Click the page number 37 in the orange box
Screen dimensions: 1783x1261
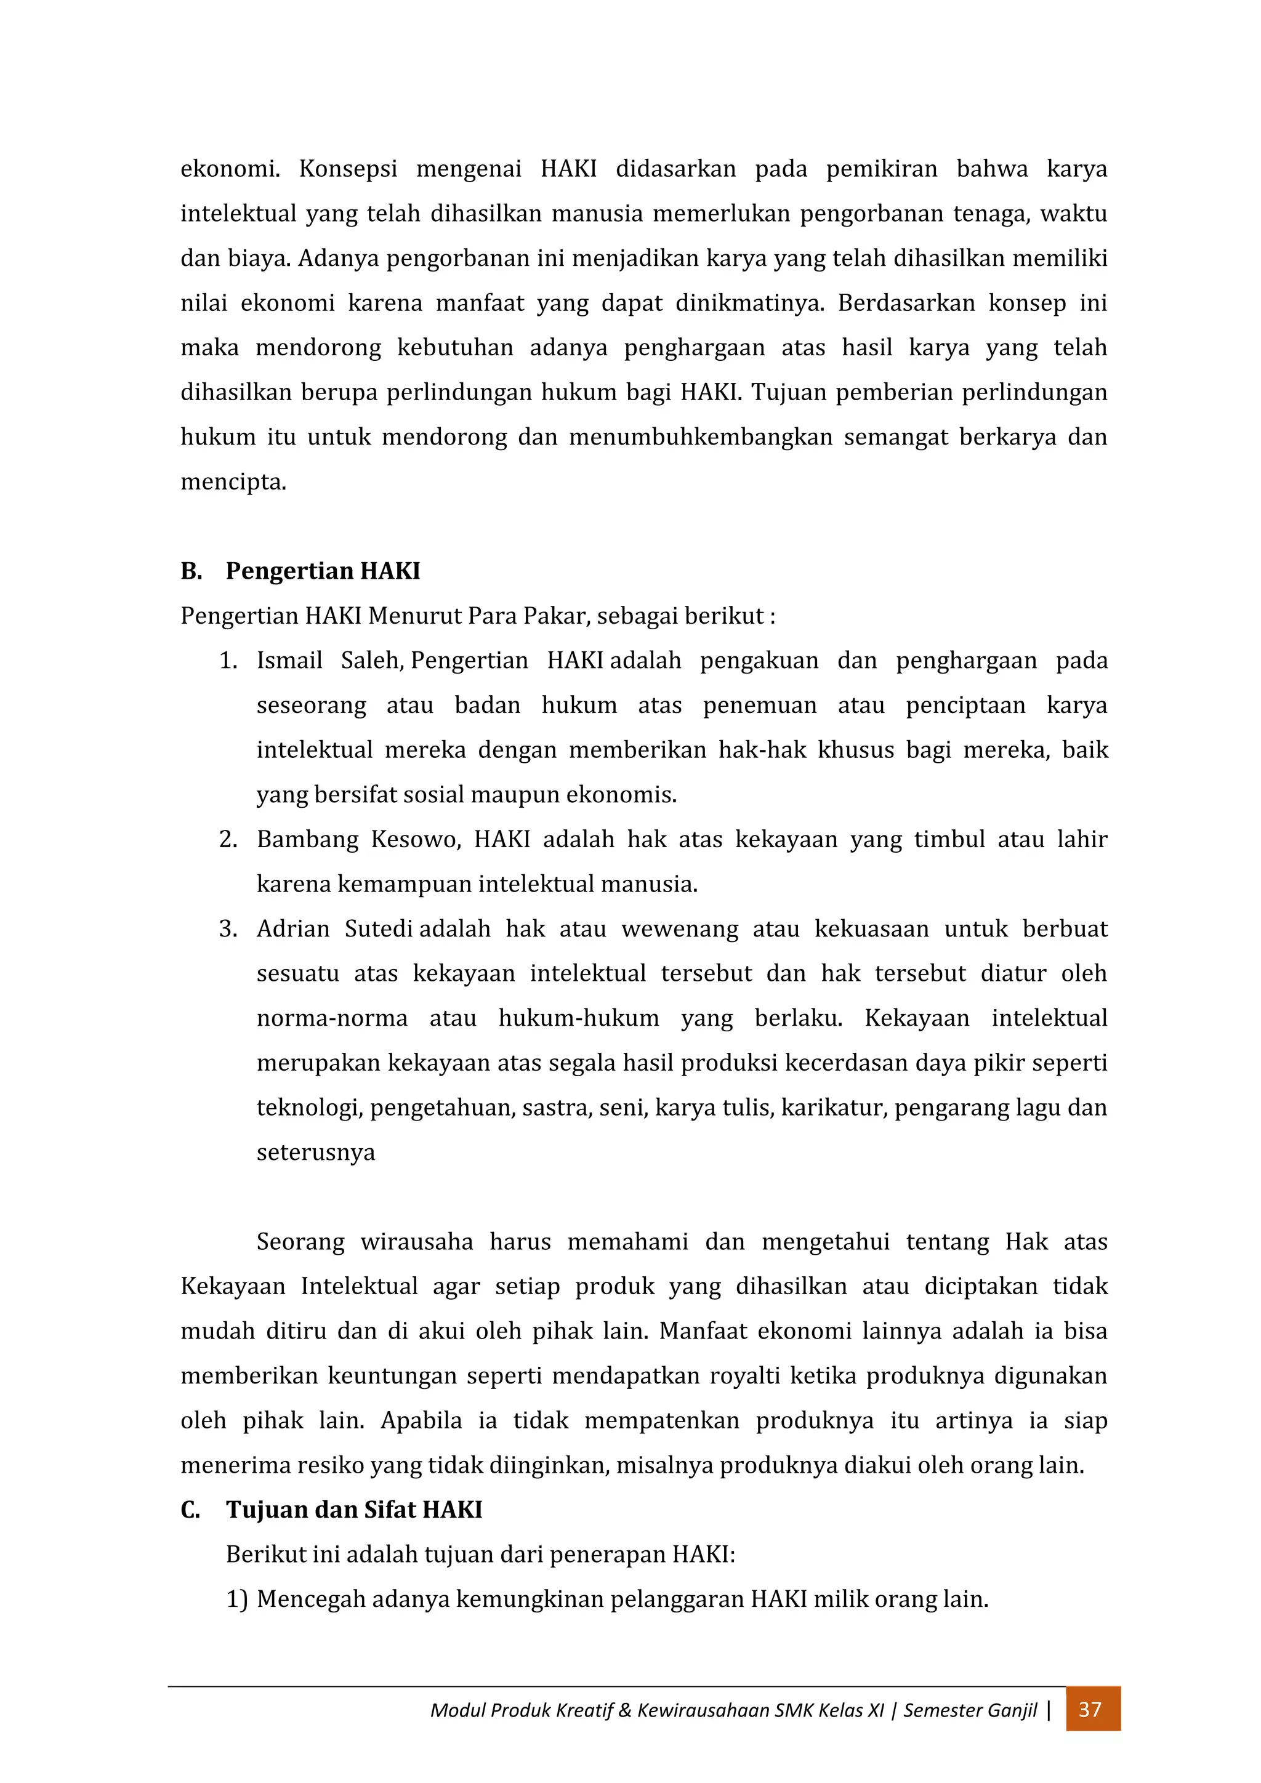click(x=1091, y=1709)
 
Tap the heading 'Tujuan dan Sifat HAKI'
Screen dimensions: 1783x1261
click(x=354, y=1510)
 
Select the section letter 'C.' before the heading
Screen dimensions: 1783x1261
click(x=191, y=1510)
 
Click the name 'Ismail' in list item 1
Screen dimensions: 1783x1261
click(x=289, y=661)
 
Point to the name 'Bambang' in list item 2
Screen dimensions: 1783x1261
click(x=307, y=839)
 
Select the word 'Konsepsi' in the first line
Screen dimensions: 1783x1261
click(x=348, y=169)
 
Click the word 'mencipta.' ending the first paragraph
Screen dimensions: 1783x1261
click(x=233, y=482)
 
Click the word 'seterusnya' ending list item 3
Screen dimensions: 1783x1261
click(x=315, y=1153)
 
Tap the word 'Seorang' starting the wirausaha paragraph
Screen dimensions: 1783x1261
click(x=300, y=1242)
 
